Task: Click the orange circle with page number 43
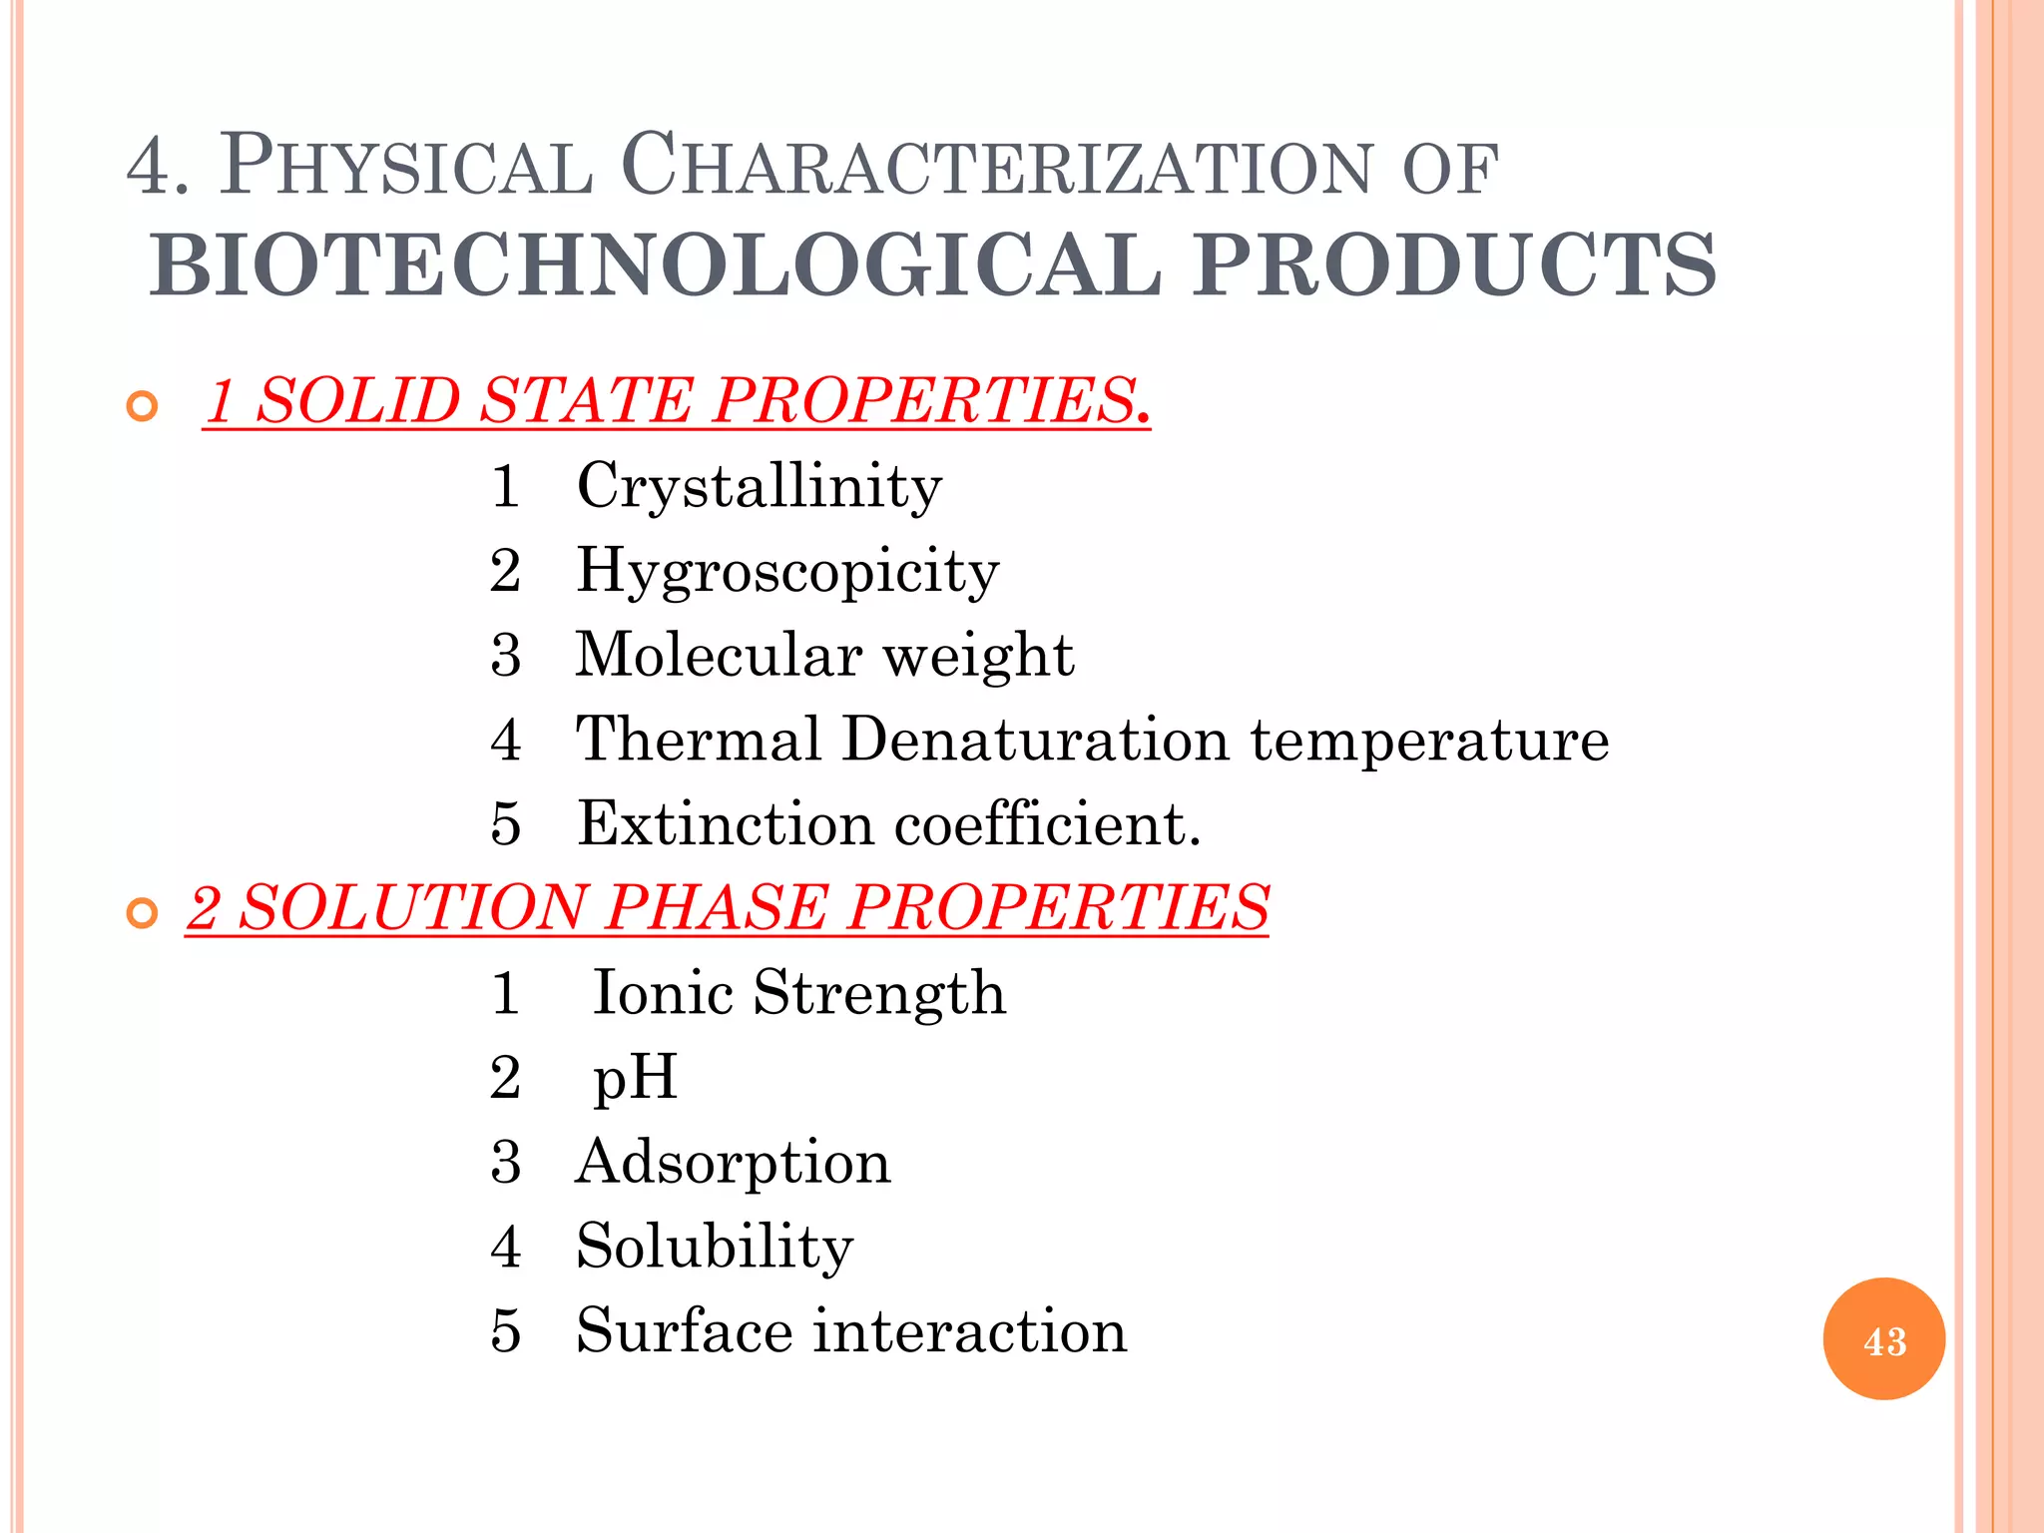1883,1339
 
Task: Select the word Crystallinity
759,487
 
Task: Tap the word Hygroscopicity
787,572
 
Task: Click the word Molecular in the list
719,656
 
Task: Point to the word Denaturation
1035,740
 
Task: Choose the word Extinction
726,824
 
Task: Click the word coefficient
1047,824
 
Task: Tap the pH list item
635,1079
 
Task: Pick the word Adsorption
733,1163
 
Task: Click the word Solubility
715,1248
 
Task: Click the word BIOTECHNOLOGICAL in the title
656,265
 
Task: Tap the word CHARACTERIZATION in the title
998,166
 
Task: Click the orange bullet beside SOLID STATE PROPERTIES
143,406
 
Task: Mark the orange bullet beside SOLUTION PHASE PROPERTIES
143,913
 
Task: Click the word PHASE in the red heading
717,908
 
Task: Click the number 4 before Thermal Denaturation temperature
506,740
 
